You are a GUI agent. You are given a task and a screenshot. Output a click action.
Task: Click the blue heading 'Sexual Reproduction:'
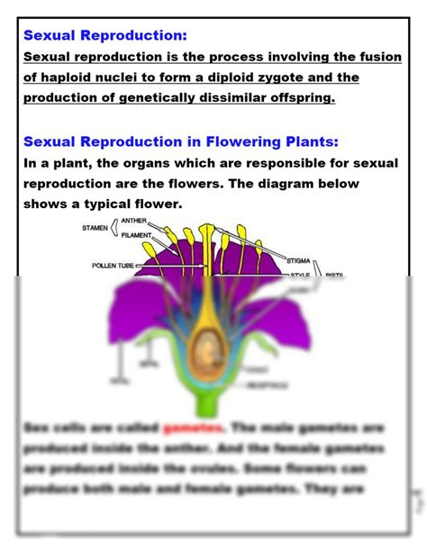tap(105, 36)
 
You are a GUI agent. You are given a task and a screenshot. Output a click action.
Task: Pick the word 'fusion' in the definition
tap(378, 58)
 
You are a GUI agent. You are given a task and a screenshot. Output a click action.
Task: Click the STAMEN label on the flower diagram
tap(95, 228)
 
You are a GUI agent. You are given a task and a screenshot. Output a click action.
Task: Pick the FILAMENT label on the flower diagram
tap(138, 235)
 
